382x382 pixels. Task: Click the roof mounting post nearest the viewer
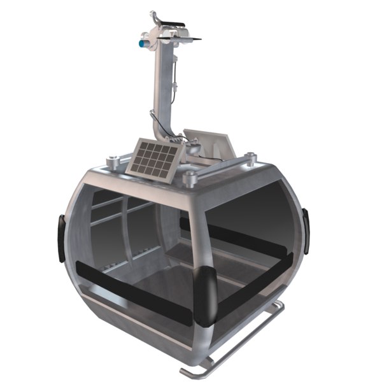190,179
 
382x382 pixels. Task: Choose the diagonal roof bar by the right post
223,167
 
